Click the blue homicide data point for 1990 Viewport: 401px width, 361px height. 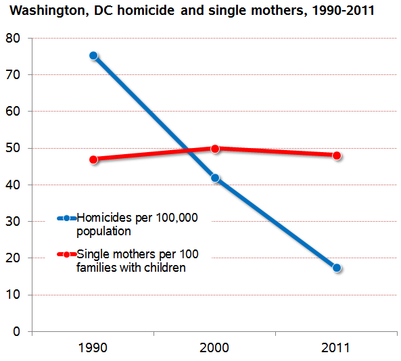click(x=93, y=56)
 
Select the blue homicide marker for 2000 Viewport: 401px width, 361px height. click(x=215, y=178)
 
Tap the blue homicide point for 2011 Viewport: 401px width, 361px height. click(x=337, y=268)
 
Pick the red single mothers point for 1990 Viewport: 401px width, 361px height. click(x=93, y=160)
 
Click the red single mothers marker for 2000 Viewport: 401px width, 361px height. click(x=215, y=149)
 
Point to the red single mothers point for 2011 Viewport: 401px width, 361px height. click(x=337, y=155)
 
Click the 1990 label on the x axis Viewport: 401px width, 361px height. click(x=93, y=348)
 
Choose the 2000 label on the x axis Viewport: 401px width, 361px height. click(x=215, y=348)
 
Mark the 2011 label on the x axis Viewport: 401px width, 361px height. click(x=337, y=348)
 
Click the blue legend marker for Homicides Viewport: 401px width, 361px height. click(x=67, y=218)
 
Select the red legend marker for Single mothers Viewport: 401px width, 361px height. click(x=67, y=255)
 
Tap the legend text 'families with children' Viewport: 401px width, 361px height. click(x=131, y=268)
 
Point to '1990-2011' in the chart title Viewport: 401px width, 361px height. click(x=342, y=11)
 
